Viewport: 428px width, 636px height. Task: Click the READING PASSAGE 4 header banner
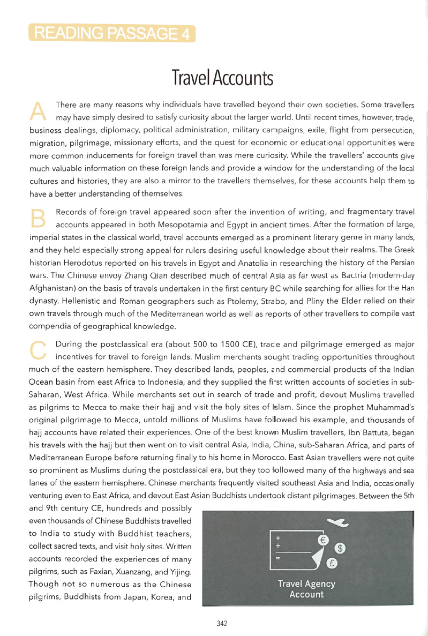click(x=112, y=34)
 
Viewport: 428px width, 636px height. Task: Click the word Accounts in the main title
click(x=243, y=78)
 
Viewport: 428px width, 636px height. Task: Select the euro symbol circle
click(x=323, y=541)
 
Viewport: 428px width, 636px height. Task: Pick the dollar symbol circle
click(x=341, y=548)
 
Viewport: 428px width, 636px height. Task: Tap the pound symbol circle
click(x=332, y=563)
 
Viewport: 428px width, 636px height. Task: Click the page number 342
click(x=222, y=624)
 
